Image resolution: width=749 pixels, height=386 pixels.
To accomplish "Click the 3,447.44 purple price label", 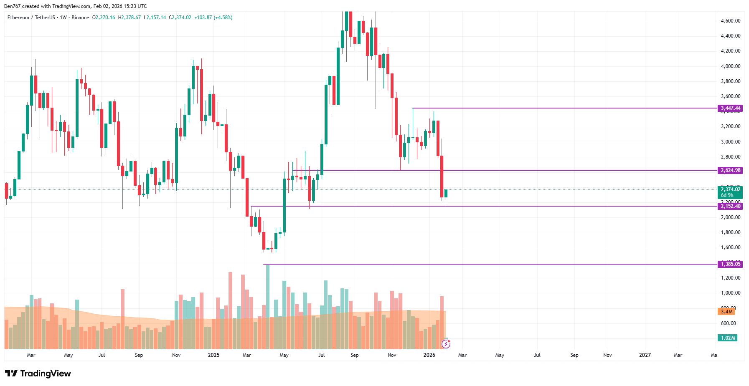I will pyautogui.click(x=731, y=108).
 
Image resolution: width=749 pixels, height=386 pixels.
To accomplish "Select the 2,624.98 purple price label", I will pyautogui.click(x=731, y=170).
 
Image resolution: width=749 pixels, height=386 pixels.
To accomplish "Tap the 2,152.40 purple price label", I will pyautogui.click(x=731, y=206).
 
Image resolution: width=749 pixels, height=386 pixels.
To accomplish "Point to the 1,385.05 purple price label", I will pyautogui.click(x=731, y=264).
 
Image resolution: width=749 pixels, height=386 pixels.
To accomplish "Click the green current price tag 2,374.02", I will pyautogui.click(x=731, y=189).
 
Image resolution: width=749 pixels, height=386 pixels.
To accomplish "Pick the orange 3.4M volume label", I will pyautogui.click(x=726, y=312).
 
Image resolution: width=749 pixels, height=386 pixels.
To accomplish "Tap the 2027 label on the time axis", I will pyautogui.click(x=645, y=355).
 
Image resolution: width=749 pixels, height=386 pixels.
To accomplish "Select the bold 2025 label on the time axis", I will pyautogui.click(x=213, y=355).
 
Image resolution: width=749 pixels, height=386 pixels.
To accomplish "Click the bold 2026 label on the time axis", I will pyautogui.click(x=429, y=355).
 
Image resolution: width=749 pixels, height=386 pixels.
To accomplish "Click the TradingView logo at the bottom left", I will pyautogui.click(x=38, y=373).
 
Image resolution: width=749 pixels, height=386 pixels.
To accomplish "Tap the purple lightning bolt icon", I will pyautogui.click(x=446, y=344).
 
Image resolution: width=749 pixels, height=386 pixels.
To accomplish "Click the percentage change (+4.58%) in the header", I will pyautogui.click(x=223, y=18).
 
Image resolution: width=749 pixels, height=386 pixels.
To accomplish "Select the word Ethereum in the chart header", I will pyautogui.click(x=18, y=18).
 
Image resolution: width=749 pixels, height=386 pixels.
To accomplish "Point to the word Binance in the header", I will pyautogui.click(x=80, y=18).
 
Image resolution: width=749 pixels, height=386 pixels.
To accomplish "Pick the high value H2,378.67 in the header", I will pyautogui.click(x=129, y=18).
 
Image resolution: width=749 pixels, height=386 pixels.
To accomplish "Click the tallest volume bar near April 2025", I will pyautogui.click(x=268, y=307).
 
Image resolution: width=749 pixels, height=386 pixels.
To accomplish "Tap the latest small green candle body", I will pyautogui.click(x=446, y=193).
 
